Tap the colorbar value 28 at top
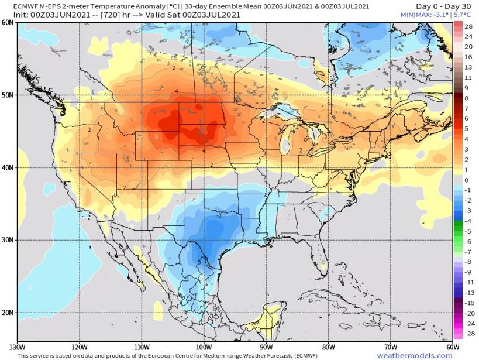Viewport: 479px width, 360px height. (468, 27)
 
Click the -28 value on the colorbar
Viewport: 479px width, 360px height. (468, 333)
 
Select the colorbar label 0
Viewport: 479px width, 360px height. (467, 180)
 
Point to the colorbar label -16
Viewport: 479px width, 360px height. (468, 303)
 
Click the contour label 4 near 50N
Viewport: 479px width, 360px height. (176, 91)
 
